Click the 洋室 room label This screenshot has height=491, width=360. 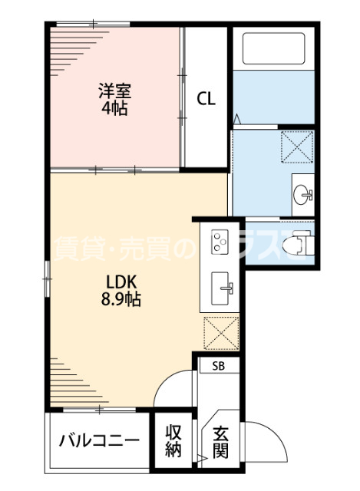point(114,90)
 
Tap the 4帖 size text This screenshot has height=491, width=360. point(114,107)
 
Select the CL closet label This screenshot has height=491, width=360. point(206,98)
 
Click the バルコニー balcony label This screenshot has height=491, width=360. point(99,440)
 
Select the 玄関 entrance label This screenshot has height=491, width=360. point(220,442)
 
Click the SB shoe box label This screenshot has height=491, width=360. point(219,366)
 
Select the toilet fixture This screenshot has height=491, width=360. point(296,245)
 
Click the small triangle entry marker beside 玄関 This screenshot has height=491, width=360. point(202,460)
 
